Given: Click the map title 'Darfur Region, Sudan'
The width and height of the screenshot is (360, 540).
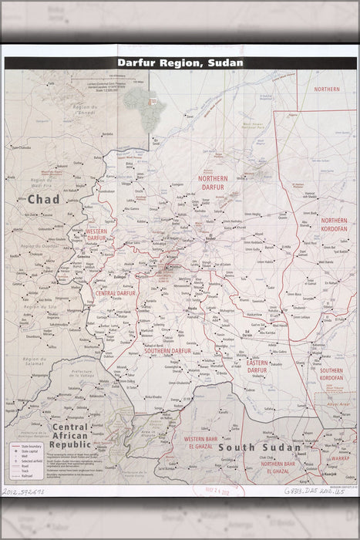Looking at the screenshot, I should [179, 62].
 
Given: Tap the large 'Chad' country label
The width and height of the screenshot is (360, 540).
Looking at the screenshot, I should [43, 200].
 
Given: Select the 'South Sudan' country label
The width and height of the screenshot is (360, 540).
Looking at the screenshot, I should [249, 447].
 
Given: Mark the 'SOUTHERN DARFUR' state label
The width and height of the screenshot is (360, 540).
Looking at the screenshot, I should [168, 329].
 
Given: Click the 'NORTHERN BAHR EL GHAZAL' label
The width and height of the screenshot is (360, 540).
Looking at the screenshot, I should [284, 468].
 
